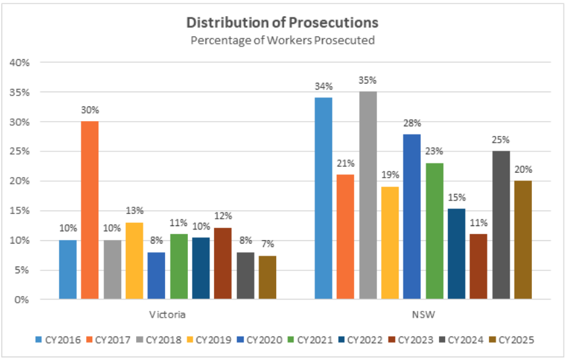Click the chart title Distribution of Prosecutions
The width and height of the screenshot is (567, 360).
(282, 23)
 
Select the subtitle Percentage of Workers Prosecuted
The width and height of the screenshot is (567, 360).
(282, 40)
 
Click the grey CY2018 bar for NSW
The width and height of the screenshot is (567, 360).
(368, 195)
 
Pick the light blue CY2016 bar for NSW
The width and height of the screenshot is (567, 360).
(324, 198)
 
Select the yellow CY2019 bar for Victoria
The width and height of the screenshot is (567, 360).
(134, 260)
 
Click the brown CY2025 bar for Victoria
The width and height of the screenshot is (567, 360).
(267, 277)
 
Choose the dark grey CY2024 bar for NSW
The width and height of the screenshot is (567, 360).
(501, 225)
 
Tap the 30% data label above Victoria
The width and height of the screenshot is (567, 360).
(90, 110)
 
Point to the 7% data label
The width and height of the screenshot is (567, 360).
(267, 244)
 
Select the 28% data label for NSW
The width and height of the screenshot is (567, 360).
(413, 123)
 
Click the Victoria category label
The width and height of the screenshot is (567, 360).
(168, 314)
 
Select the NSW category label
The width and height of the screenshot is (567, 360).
(424, 314)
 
